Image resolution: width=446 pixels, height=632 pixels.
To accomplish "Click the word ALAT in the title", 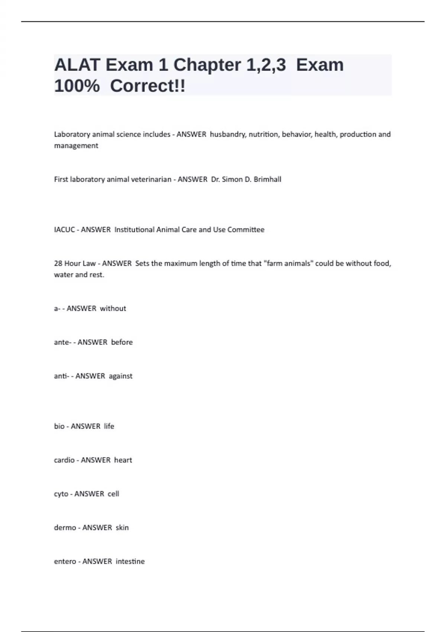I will pyautogui.click(x=77, y=65).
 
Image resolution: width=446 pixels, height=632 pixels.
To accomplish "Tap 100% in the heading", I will pyautogui.click(x=77, y=86).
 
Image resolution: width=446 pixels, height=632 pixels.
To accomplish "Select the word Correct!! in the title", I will pyautogui.click(x=148, y=86).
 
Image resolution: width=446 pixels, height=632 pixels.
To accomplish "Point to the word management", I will pyautogui.click(x=76, y=146).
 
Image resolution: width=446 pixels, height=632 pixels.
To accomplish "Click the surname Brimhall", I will pyautogui.click(x=267, y=179).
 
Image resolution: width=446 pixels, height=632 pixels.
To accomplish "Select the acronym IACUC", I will pyautogui.click(x=64, y=230).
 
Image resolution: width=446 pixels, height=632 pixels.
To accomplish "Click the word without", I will pyautogui.click(x=113, y=309).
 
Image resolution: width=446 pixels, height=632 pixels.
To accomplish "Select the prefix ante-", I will pyautogui.click(x=62, y=342).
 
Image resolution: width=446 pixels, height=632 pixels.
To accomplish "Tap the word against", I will pyautogui.click(x=120, y=376).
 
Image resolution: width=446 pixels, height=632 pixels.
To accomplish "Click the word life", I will pyautogui.click(x=109, y=426).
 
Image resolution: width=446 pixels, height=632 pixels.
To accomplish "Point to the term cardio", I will pyautogui.click(x=64, y=460).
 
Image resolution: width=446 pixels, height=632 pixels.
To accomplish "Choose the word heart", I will pyautogui.click(x=123, y=460).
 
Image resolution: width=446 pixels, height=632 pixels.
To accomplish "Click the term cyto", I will pyautogui.click(x=61, y=494).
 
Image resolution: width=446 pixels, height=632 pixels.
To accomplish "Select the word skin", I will pyautogui.click(x=122, y=528).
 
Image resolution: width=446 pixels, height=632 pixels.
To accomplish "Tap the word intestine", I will pyautogui.click(x=130, y=561).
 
